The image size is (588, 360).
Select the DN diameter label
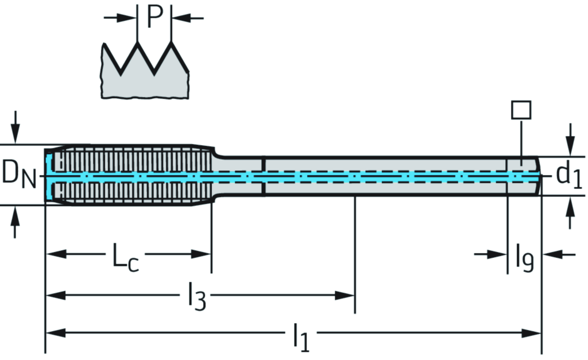(19, 173)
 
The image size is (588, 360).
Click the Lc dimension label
(126, 258)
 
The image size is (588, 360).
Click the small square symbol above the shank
(521, 109)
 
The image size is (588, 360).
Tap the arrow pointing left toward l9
(552, 253)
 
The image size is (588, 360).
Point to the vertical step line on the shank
(264, 176)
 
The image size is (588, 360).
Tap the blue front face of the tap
(49, 175)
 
